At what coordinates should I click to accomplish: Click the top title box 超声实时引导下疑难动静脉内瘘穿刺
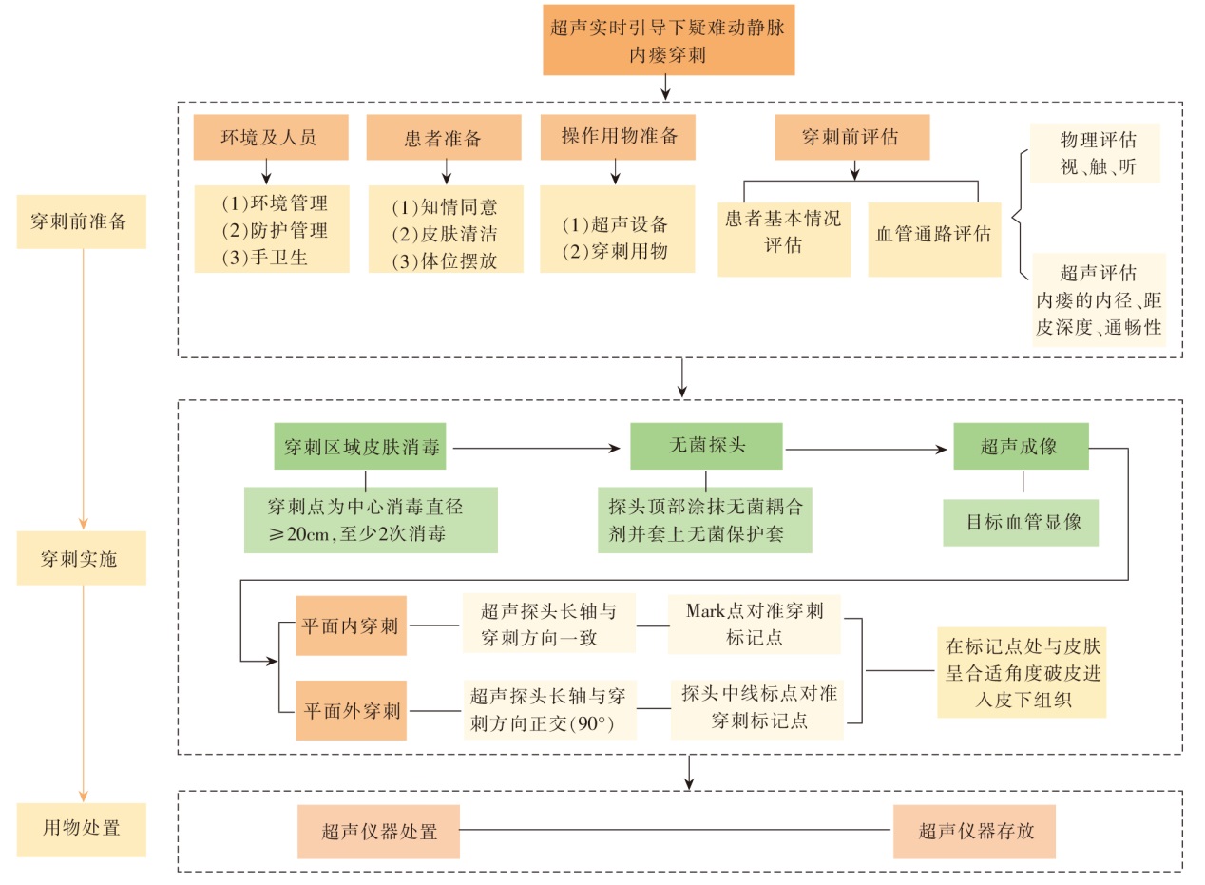coord(668,39)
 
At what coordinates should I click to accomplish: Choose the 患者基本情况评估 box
coord(783,233)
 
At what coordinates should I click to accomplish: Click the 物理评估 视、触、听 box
coord(1097,154)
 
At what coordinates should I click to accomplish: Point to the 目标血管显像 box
coord(1021,522)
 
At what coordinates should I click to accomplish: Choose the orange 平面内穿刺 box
coord(351,626)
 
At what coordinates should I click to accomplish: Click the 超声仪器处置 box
coord(377,832)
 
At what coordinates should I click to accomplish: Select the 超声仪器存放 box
coord(974,832)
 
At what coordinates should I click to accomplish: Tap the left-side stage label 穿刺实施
coord(81,558)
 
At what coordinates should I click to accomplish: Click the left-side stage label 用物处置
coord(81,828)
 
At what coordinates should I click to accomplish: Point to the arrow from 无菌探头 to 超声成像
coord(867,448)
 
